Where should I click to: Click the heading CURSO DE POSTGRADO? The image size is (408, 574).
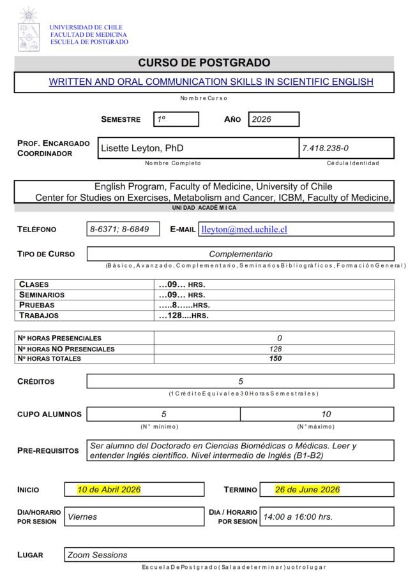(x=204, y=63)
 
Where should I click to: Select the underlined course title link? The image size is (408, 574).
(x=211, y=82)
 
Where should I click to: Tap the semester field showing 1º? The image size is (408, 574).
(x=176, y=119)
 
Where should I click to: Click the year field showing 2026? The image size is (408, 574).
(x=273, y=119)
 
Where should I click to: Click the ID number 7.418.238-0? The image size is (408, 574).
(x=325, y=148)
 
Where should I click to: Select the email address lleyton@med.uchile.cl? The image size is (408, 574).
(x=244, y=229)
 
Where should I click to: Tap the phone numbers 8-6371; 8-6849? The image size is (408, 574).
(x=123, y=229)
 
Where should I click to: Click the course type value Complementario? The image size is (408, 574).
(x=240, y=254)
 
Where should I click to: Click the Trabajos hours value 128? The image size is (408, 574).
(x=183, y=315)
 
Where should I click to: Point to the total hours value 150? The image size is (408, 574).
(x=275, y=358)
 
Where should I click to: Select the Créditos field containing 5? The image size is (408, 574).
(x=240, y=381)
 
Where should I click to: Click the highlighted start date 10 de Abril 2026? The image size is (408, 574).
(x=109, y=489)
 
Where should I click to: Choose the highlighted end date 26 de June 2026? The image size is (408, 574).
(x=307, y=489)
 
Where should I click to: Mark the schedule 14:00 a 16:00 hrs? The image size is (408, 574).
(x=298, y=517)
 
